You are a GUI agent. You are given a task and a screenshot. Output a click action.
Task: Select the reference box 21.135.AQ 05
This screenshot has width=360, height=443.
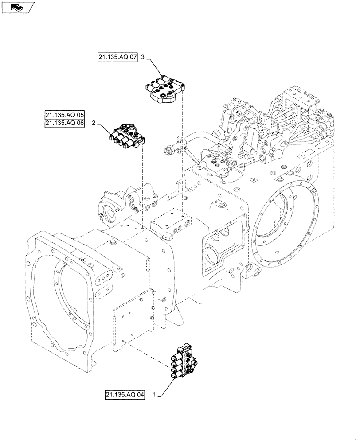(64, 114)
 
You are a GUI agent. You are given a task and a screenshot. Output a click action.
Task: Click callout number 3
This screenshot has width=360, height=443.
(143, 58)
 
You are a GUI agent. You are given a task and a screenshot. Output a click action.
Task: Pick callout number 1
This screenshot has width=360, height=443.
(153, 394)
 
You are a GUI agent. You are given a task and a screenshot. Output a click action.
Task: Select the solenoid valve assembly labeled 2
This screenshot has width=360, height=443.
(126, 136)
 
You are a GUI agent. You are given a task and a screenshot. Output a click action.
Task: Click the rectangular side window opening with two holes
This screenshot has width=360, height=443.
(221, 248)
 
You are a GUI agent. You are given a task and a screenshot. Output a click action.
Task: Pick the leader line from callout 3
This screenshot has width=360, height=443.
(155, 68)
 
